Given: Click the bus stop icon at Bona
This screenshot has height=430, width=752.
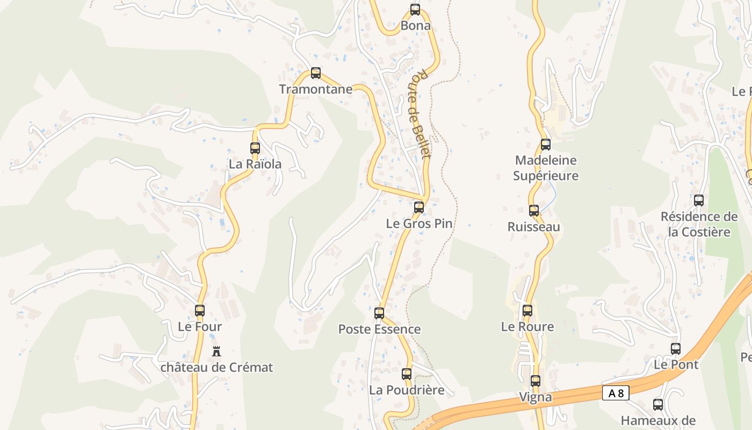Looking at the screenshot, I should tap(415, 9).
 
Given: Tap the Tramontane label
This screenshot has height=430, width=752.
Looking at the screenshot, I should tap(316, 89).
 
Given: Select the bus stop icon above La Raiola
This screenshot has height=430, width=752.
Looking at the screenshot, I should tap(255, 148).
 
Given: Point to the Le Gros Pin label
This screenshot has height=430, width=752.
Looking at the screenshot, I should tap(420, 224).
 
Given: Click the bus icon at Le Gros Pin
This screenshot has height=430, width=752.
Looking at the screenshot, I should tap(419, 207).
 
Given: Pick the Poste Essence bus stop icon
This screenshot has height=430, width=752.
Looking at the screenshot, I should tap(379, 313).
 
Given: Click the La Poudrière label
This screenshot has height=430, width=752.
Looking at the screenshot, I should tap(407, 390).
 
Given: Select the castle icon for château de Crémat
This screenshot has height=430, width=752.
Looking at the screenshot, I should tap(216, 352).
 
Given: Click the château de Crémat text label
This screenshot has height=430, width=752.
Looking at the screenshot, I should tap(216, 368).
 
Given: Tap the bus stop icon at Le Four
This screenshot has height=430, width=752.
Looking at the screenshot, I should tap(200, 310).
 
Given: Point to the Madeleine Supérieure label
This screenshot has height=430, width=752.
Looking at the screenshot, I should tap(546, 168).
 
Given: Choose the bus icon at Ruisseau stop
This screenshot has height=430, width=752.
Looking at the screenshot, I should tap(534, 211).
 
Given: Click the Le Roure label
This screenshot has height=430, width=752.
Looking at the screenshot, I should tap(527, 326).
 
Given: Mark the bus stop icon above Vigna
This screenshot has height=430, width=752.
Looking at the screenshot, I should tap(536, 381).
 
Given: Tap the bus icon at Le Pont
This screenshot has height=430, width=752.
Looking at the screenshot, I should tap(676, 348).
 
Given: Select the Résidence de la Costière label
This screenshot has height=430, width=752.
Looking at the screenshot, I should tap(699, 224).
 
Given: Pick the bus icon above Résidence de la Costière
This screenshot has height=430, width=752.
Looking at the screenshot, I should tap(699, 200).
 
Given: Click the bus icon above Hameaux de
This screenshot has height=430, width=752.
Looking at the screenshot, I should tap(658, 404).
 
